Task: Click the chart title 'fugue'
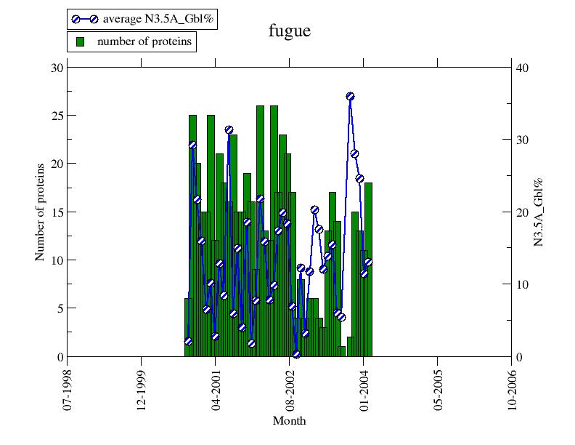290,31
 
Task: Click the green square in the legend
81,41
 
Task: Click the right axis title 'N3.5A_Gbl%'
539,212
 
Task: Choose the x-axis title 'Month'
289,421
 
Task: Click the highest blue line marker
350,96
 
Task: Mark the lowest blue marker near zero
296,354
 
